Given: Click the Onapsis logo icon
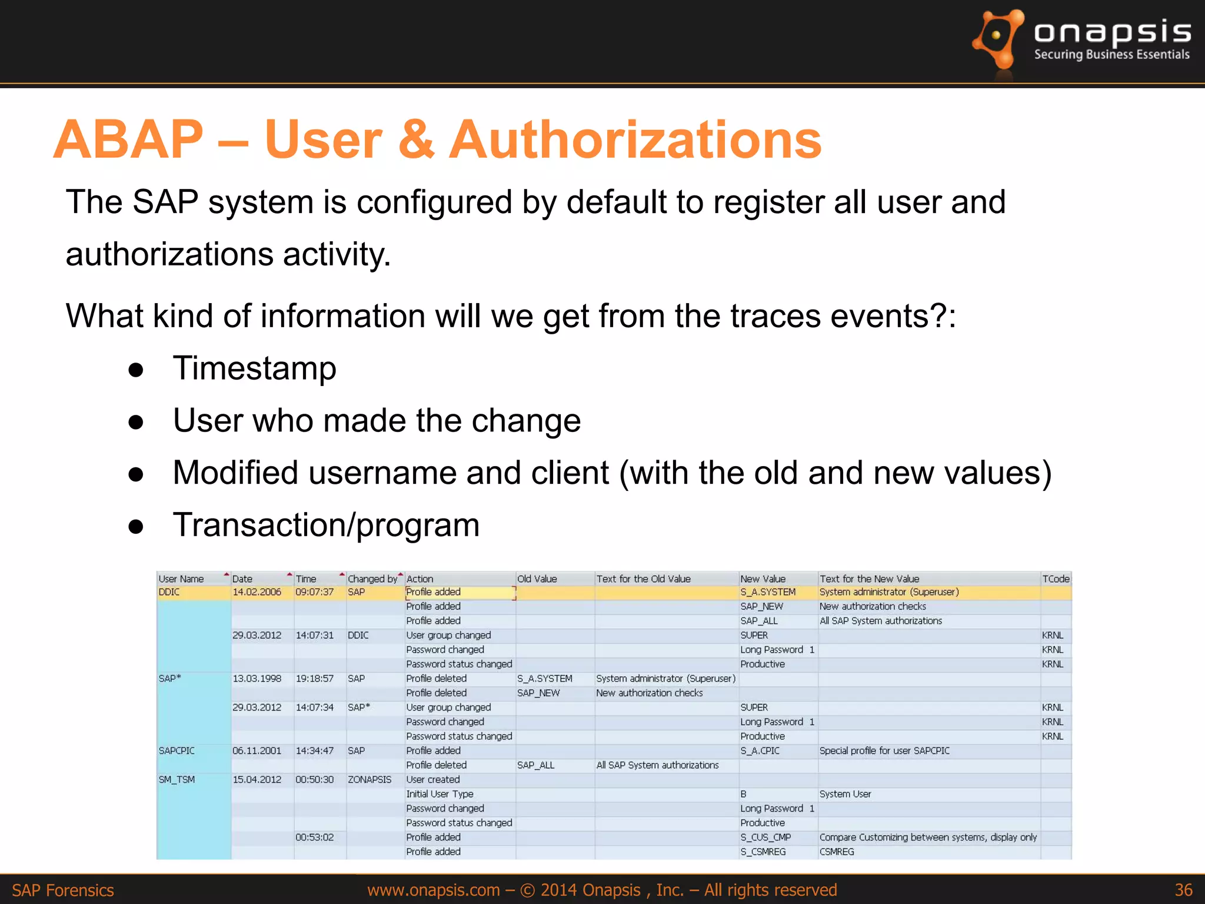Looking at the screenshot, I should click(x=998, y=39).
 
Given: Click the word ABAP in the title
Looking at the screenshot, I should click(x=128, y=139).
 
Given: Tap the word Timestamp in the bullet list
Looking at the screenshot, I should click(x=254, y=368).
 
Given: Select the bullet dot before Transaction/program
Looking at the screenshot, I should click(x=136, y=526).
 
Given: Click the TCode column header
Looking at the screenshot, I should click(x=1056, y=579).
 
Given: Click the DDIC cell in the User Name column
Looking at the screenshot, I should click(x=169, y=592).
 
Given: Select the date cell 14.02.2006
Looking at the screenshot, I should click(x=257, y=592).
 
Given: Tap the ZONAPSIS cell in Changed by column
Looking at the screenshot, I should click(x=370, y=779).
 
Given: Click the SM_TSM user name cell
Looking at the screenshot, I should click(x=177, y=779).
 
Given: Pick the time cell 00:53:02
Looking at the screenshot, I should click(x=314, y=837).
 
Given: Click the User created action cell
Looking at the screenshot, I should click(x=433, y=779).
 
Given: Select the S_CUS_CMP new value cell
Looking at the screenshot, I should click(x=765, y=837).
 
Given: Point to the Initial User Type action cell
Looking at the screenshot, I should click(x=440, y=794).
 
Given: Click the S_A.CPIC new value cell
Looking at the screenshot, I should click(x=760, y=750).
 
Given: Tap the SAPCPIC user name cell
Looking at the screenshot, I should click(x=177, y=750).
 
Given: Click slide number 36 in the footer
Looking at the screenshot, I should click(x=1183, y=889).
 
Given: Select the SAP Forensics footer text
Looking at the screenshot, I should click(x=63, y=890).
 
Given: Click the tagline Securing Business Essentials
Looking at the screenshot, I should click(x=1111, y=55).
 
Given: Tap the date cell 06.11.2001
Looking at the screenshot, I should click(x=257, y=750).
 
